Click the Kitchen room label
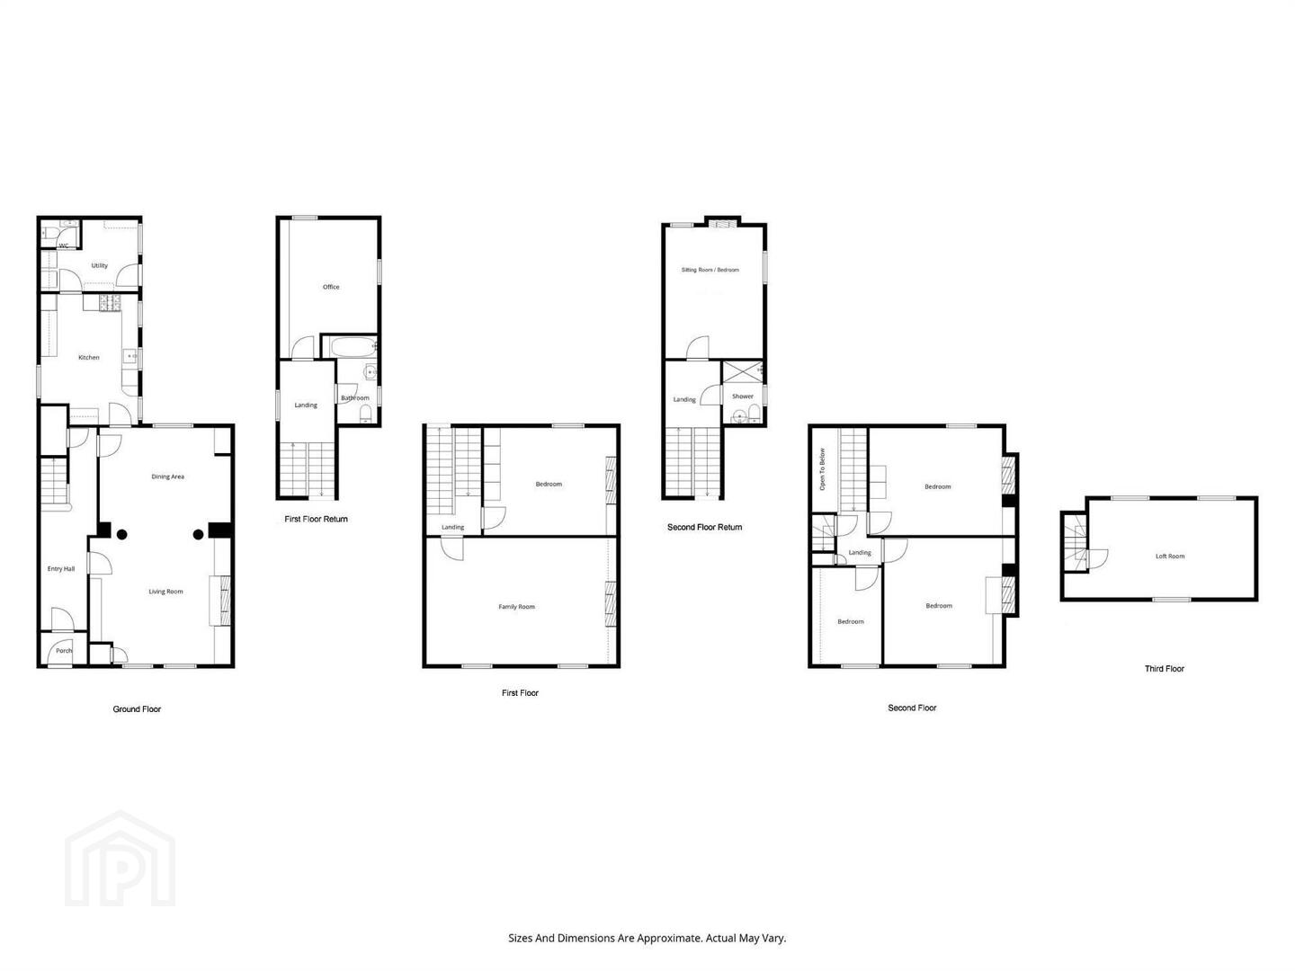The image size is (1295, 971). tap(88, 357)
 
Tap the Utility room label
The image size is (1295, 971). tap(99, 265)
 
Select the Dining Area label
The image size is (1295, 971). tap(167, 477)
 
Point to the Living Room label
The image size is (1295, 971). tap(165, 592)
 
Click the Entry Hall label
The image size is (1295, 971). tap(61, 569)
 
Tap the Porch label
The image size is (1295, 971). tap(64, 651)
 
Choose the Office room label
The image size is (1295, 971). tap(331, 287)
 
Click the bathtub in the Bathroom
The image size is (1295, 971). tap(353, 347)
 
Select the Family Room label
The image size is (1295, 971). tap(516, 607)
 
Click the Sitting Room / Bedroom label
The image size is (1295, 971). tap(710, 270)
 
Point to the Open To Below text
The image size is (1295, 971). tap(823, 469)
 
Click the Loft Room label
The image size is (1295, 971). tap(1170, 556)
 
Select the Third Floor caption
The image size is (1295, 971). tap(1164, 669)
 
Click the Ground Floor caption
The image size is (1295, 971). tap(137, 709)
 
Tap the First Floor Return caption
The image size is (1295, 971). tap(316, 520)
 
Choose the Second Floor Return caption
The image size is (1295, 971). tap(704, 527)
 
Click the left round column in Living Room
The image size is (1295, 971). tap(121, 535)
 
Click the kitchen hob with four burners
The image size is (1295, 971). tap(110, 303)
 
